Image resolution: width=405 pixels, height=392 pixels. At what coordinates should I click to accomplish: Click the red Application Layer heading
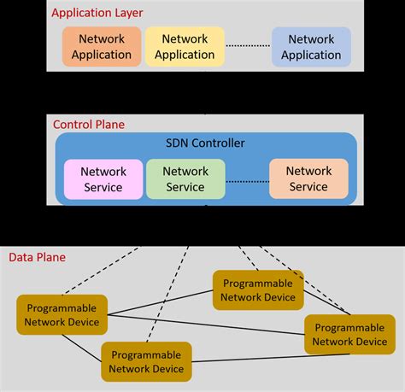click(97, 13)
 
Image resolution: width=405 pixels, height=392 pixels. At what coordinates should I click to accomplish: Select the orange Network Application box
click(102, 47)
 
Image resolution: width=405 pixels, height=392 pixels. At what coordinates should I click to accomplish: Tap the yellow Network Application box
click(185, 47)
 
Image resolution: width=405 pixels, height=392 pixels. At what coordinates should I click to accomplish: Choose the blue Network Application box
click(311, 47)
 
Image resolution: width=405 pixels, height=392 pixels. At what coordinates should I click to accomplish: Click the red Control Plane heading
click(89, 124)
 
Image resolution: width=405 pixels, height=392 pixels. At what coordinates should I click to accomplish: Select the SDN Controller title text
click(205, 142)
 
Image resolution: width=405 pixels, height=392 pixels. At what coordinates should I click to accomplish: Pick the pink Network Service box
click(103, 178)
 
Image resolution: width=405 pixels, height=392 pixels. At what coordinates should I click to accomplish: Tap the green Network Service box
click(185, 178)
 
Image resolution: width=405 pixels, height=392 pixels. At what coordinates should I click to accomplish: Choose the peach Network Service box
click(308, 178)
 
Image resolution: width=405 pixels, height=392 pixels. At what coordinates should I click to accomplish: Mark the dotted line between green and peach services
click(247, 179)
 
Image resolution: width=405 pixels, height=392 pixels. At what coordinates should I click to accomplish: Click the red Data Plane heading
click(37, 257)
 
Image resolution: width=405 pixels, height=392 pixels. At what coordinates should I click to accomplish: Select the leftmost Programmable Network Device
click(62, 314)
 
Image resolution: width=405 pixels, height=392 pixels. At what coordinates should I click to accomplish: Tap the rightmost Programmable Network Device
click(349, 334)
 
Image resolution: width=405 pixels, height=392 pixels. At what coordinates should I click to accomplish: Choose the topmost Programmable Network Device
click(257, 290)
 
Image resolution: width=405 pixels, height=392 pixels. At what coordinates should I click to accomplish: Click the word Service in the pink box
click(103, 187)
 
